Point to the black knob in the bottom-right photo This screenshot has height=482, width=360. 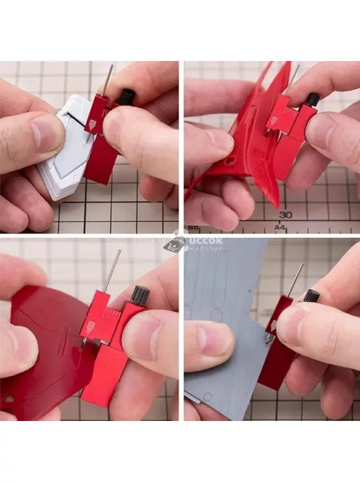312,295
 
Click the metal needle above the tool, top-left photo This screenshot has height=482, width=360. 110,80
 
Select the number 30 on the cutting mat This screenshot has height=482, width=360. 285,214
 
